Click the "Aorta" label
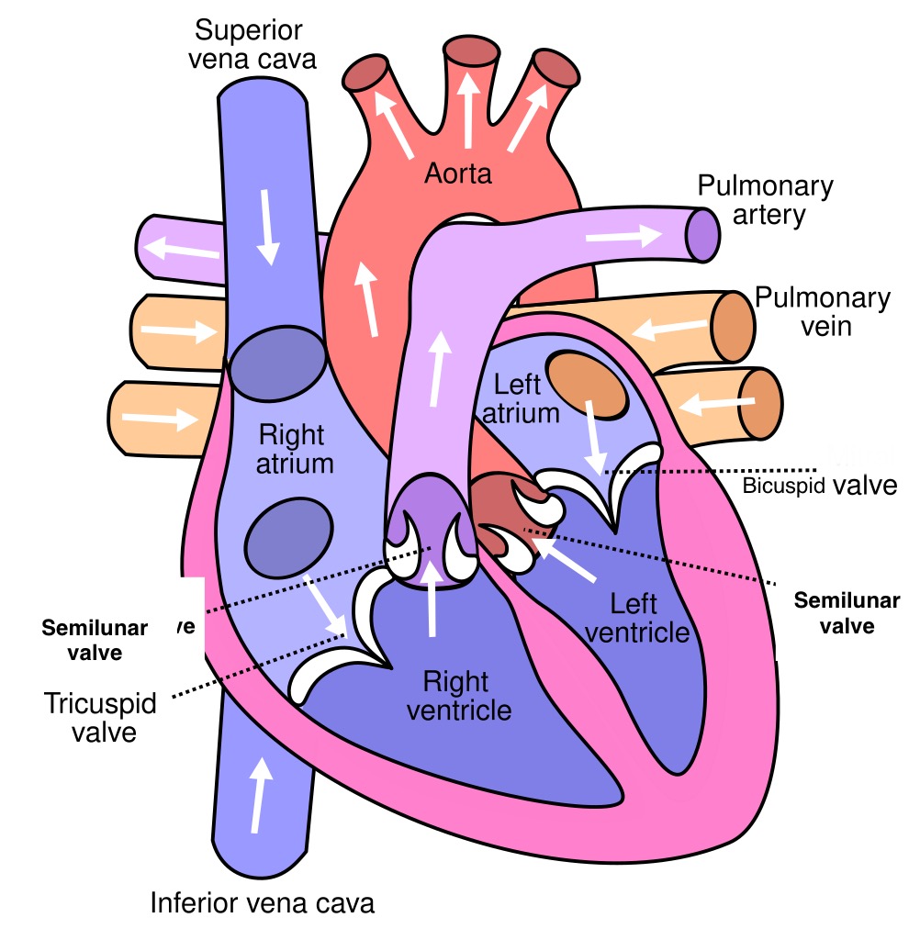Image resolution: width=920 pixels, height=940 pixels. pos(458,173)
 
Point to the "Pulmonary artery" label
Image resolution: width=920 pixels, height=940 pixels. pos(765,201)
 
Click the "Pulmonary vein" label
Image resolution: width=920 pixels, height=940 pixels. pos(822,311)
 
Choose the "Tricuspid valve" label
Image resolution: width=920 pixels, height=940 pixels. pos(100,719)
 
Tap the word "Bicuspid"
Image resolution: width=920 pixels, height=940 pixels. pos(784,487)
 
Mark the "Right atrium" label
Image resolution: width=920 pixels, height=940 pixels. pos(296,447)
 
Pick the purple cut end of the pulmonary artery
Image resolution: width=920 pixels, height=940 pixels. pos(702,234)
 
